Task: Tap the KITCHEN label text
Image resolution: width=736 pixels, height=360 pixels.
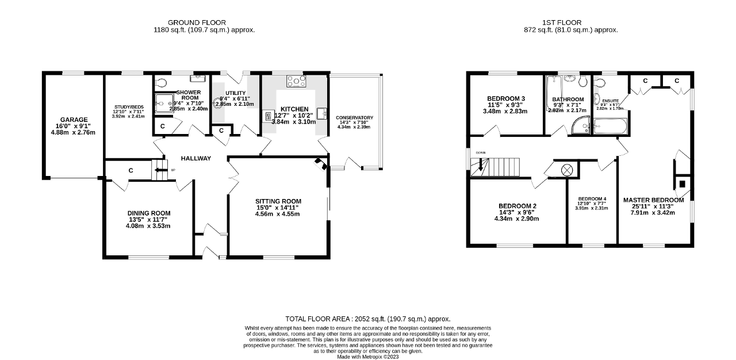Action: click(294, 109)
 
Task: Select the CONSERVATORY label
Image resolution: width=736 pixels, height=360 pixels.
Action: click(354, 118)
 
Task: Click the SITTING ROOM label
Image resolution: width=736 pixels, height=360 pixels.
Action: click(278, 201)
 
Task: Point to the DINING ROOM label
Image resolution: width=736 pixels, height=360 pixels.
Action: click(149, 213)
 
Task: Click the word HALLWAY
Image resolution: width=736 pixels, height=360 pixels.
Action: click(195, 159)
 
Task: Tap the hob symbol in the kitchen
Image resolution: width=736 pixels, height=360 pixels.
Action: click(296, 82)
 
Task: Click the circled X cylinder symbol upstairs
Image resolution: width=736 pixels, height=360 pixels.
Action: click(567, 170)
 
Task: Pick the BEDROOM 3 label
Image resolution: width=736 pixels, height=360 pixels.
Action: click(506, 98)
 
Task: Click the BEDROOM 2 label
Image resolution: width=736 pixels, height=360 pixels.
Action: click(517, 206)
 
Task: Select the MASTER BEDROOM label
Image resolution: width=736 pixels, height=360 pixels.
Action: click(654, 200)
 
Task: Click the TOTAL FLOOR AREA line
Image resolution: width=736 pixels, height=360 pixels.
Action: click(368, 319)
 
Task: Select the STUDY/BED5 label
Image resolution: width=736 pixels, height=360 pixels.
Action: click(129, 106)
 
